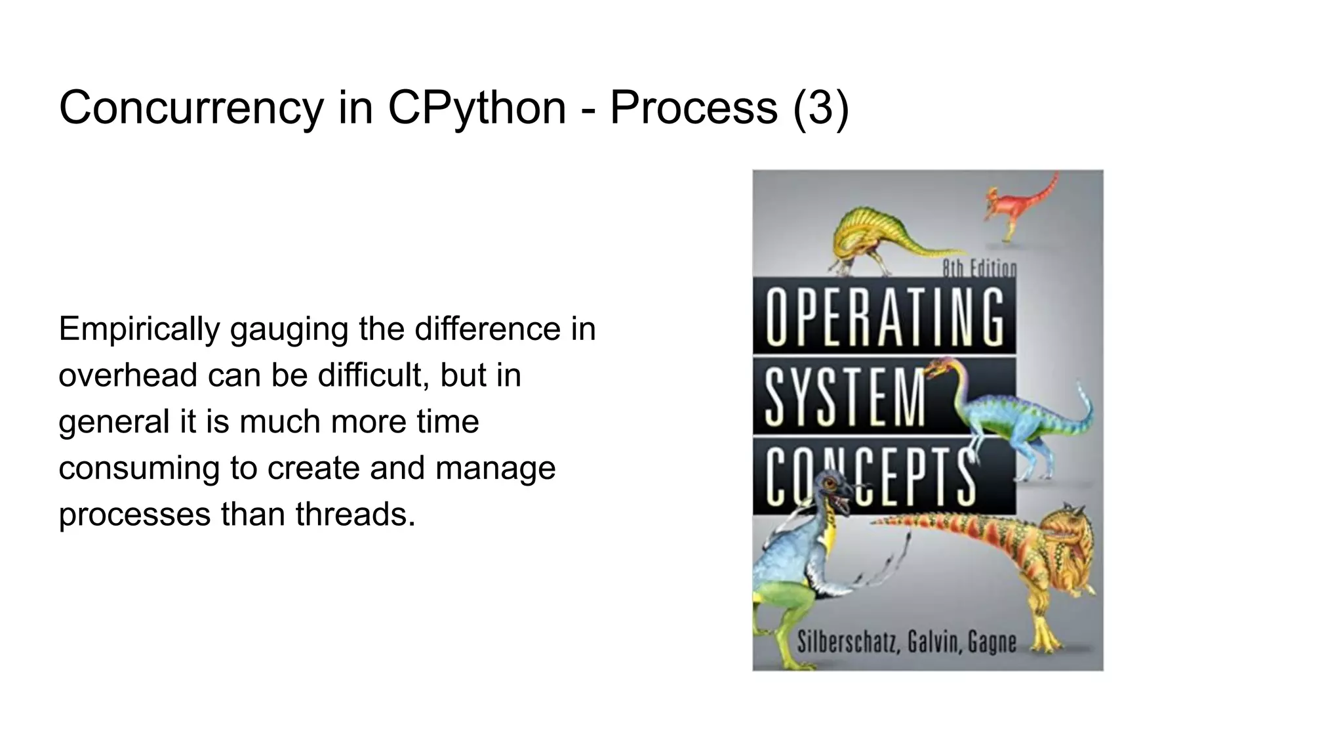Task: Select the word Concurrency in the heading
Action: point(191,108)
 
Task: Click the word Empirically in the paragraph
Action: point(139,329)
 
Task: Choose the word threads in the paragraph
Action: point(355,514)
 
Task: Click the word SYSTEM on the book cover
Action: point(845,396)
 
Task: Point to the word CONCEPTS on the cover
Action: point(870,477)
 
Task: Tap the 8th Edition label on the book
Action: point(979,268)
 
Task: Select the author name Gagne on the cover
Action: point(992,641)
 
